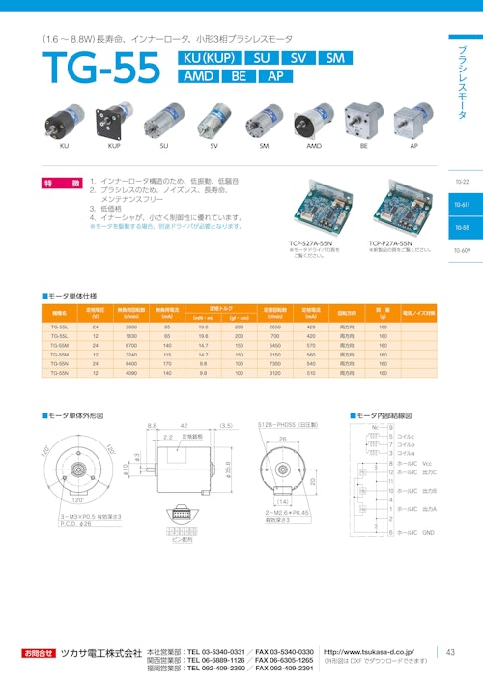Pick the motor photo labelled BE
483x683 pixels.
[x=364, y=120]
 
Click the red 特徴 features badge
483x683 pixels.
[x=60, y=183]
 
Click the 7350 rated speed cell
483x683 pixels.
[x=274, y=363]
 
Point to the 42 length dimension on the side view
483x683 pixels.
[x=184, y=425]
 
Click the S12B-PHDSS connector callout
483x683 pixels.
[x=288, y=425]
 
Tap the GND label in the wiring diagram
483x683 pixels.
[x=429, y=532]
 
